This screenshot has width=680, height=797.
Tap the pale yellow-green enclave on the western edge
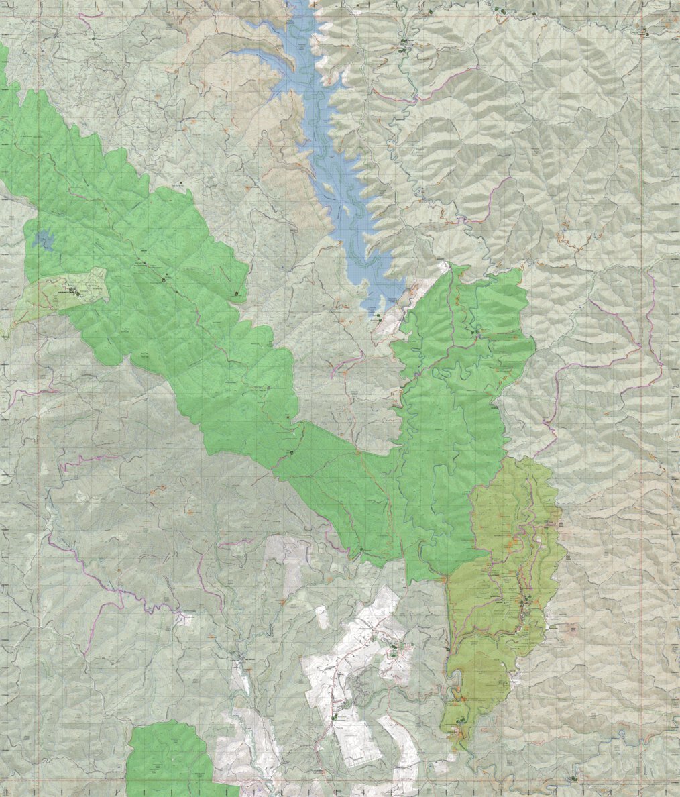tap(64, 295)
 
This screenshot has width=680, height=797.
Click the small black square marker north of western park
tap(180, 182)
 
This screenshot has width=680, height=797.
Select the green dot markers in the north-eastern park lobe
tap(474, 332)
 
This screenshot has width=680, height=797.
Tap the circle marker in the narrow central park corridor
tap(292, 454)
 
